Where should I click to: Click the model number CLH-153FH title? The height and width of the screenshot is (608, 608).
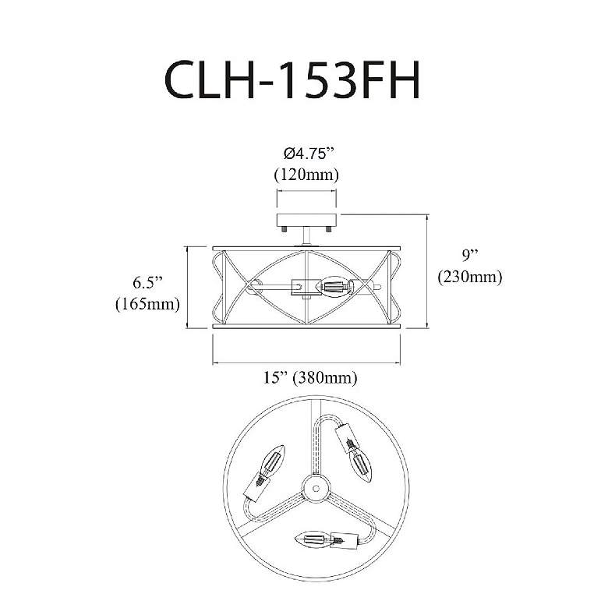(x=292, y=80)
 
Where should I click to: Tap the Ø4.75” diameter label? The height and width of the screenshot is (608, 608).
(x=308, y=154)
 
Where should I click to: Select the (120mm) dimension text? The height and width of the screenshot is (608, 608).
(x=306, y=175)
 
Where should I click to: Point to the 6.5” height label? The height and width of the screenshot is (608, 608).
(x=147, y=283)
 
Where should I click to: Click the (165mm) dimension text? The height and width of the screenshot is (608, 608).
(x=148, y=304)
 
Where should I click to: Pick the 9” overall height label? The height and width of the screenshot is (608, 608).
(x=470, y=255)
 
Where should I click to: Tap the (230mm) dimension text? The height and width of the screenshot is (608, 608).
(x=470, y=277)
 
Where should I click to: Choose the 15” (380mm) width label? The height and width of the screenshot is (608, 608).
(x=310, y=377)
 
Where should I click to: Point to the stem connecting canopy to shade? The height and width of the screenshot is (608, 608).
(x=306, y=236)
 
